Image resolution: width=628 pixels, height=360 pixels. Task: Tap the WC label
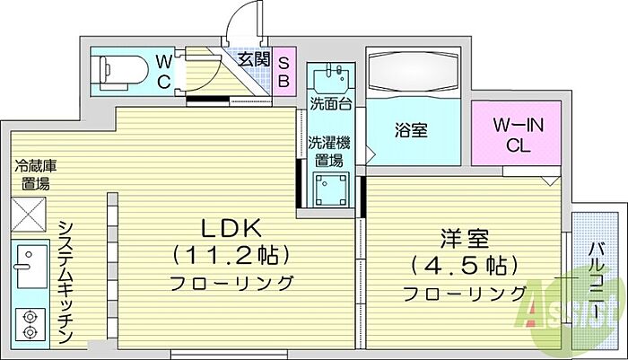point(165,69)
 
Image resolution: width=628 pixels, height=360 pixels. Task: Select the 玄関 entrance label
point(254,59)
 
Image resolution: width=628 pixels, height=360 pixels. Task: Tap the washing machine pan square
point(329,190)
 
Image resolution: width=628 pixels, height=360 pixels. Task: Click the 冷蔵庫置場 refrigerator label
point(36,175)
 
